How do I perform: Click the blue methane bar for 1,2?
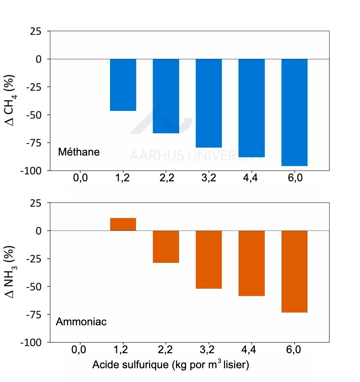point(123,85)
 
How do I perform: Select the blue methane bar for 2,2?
point(166,96)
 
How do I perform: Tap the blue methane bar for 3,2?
point(209,103)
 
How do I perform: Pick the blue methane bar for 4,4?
point(252,108)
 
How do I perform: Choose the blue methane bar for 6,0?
point(294,112)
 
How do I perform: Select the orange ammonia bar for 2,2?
point(166,247)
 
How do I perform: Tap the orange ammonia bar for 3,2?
point(209,260)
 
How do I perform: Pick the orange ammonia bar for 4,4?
point(252,263)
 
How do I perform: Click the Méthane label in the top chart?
point(79,152)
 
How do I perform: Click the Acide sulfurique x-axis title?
point(171,365)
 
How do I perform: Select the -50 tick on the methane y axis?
point(37,115)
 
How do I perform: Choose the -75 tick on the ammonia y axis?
point(37,315)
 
